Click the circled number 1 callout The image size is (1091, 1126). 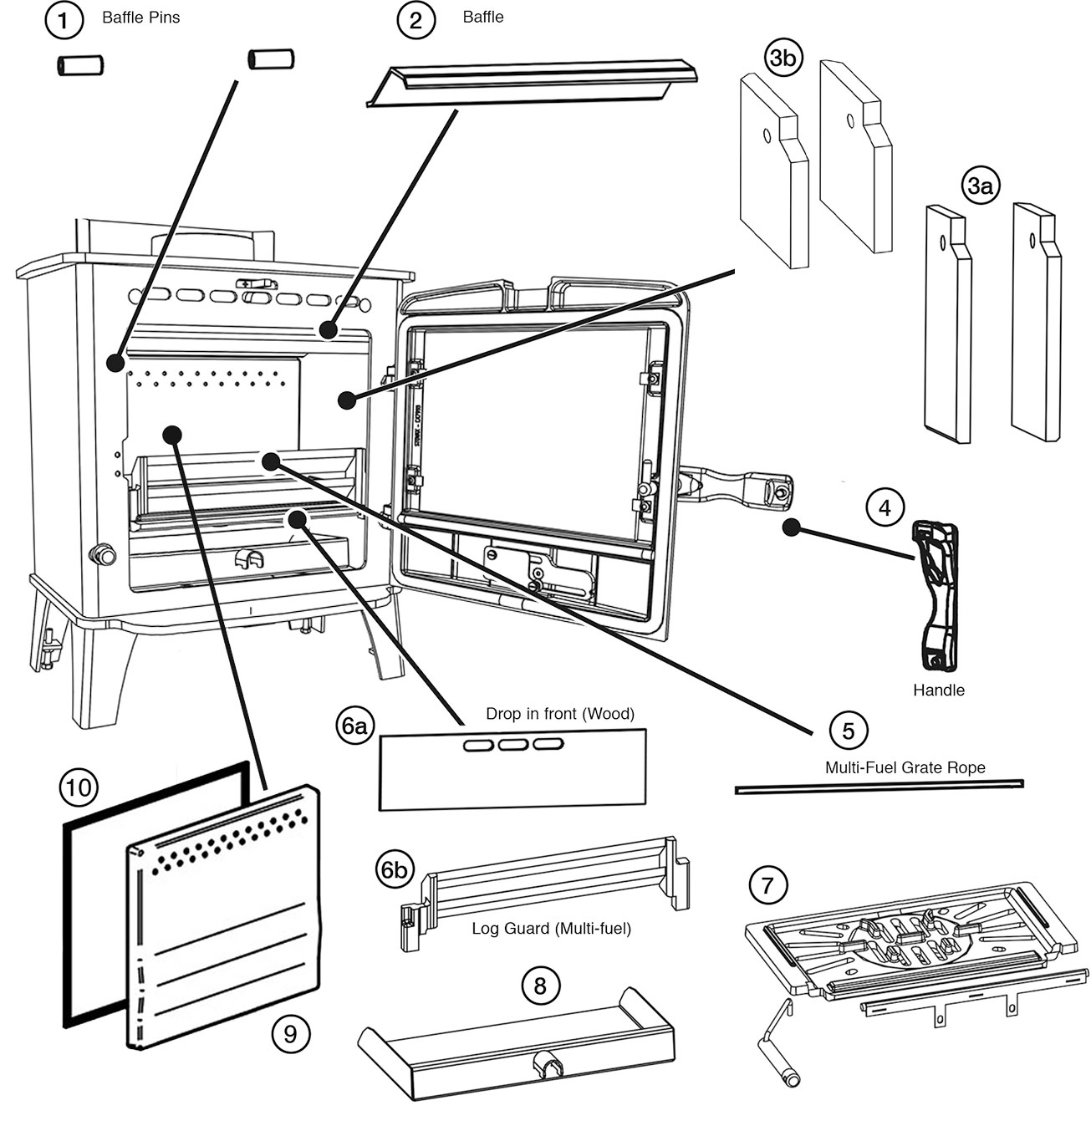pos(64,20)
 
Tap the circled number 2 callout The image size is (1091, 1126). pos(416,20)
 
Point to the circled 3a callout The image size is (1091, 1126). pos(981,187)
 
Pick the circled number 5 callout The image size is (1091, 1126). pos(849,731)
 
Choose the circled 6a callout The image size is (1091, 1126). pos(355,726)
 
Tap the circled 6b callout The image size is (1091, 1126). pos(394,870)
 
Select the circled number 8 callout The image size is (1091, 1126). pos(540,986)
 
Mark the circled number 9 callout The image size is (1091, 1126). pos(290,1034)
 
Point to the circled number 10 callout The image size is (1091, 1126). pos(79,787)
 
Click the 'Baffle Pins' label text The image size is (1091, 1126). pos(140,18)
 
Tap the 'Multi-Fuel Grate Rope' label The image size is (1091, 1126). pos(905,767)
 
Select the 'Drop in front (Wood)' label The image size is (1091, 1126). pos(560,714)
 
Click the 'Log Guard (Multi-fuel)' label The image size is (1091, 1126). pos(551,928)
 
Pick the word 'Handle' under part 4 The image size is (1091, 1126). pos(938,690)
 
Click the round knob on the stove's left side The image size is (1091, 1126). pos(102,553)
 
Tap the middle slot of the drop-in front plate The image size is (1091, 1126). pos(513,745)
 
